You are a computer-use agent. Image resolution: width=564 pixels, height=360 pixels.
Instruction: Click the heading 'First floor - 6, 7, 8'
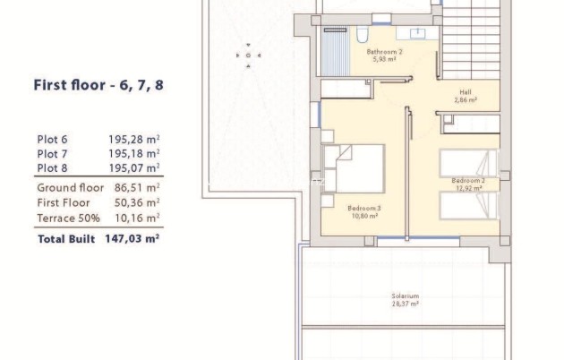[x=98, y=86]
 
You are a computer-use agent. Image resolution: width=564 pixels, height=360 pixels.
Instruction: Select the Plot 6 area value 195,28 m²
[x=133, y=140]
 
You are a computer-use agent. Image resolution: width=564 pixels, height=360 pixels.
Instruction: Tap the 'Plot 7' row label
[x=52, y=154]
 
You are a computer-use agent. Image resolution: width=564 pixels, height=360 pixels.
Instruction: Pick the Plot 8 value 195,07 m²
[x=133, y=167]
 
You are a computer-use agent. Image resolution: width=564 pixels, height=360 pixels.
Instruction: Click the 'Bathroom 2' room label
[x=385, y=52]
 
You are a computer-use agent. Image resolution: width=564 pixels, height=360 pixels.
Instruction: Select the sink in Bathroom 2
[x=418, y=34]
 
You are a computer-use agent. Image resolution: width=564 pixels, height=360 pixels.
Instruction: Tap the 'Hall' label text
[x=465, y=92]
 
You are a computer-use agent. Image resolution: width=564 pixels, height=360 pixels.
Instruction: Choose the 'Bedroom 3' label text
[x=363, y=208]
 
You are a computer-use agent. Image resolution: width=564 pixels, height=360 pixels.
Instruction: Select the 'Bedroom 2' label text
[x=468, y=180]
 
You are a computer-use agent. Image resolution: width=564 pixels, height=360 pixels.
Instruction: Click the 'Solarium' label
[x=405, y=296]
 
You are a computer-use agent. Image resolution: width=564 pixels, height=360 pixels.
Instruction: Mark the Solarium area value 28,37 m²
[x=405, y=304]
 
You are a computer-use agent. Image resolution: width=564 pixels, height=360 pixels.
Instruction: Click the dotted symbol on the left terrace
[x=244, y=56]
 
